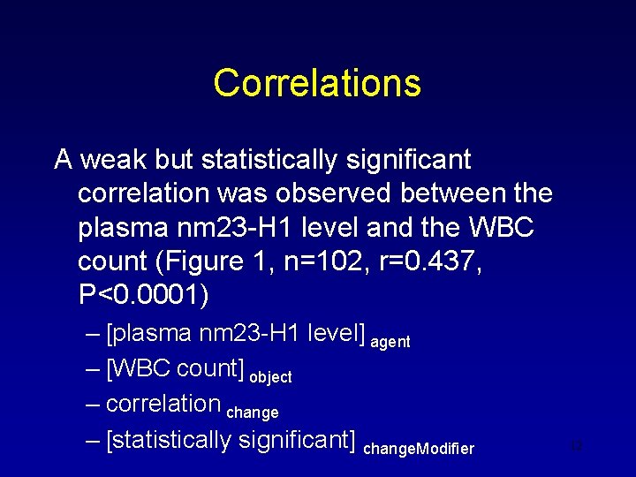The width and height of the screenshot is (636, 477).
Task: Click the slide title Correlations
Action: point(317,83)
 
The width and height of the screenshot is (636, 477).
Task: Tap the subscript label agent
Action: point(390,342)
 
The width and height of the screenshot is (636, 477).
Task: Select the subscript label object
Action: point(270,377)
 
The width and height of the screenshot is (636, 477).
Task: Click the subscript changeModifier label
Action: point(419,449)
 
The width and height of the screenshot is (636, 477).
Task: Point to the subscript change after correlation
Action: point(253,413)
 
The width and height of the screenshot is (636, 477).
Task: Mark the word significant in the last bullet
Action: point(297,440)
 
